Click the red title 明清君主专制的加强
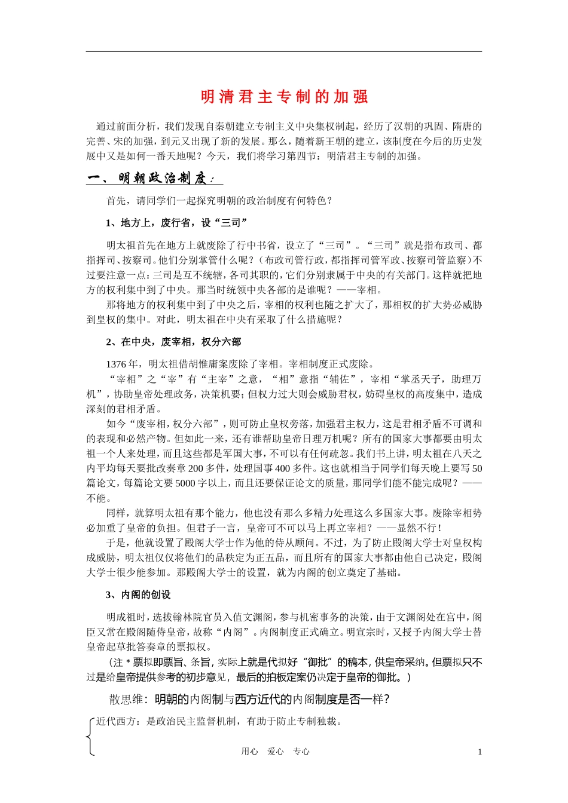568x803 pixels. [x=284, y=97]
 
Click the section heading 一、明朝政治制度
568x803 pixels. [x=154, y=178]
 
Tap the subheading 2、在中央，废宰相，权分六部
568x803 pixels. [x=173, y=342]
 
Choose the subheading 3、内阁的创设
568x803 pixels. [x=138, y=594]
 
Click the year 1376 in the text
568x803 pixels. [x=116, y=364]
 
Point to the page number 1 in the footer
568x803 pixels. [x=480, y=752]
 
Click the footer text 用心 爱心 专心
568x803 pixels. [x=275, y=752]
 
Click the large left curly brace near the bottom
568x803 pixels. [x=90, y=737]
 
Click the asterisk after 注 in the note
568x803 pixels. [x=127, y=662]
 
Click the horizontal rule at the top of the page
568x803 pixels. [x=284, y=51]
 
